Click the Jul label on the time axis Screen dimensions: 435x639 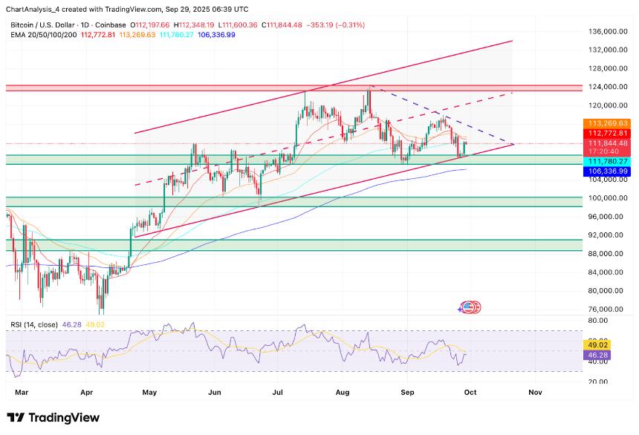[x=279, y=390]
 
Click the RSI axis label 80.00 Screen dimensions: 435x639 [x=599, y=321]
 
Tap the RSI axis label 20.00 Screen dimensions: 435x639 [x=599, y=382]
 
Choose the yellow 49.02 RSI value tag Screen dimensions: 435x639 [x=599, y=344]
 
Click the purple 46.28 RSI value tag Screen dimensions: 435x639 [x=599, y=356]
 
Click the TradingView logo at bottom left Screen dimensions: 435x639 [x=53, y=418]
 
